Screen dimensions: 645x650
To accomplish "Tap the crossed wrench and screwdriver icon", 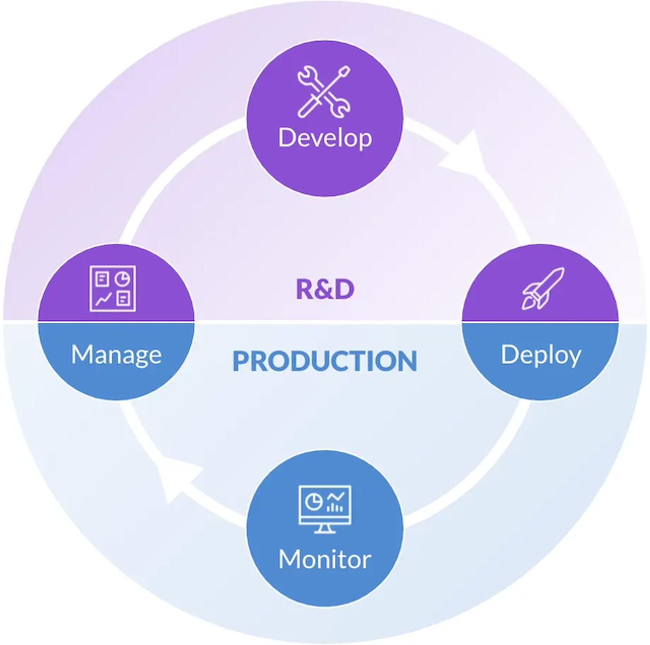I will (x=324, y=92).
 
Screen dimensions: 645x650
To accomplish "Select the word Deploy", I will (x=541, y=355).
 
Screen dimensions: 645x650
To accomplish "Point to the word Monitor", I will (x=325, y=559).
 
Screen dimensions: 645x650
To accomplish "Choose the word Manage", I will (x=116, y=355).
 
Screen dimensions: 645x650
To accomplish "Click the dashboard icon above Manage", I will (x=113, y=288).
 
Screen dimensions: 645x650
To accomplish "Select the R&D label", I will (x=325, y=289).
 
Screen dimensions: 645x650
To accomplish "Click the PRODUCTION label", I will (x=325, y=361).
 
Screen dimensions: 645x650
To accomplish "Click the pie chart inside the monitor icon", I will (x=313, y=501).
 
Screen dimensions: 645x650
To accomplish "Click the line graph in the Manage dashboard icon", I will (x=103, y=299).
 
